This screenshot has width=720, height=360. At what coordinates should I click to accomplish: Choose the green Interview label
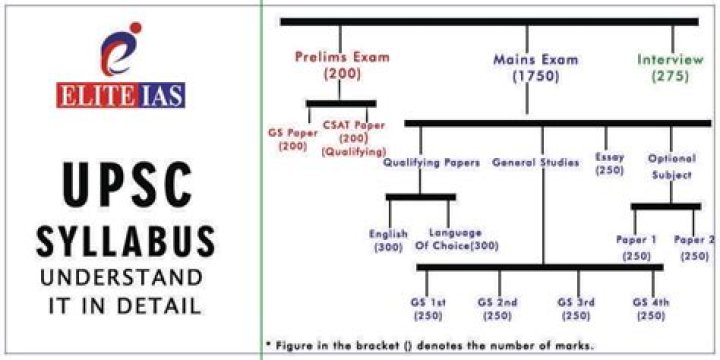(665, 66)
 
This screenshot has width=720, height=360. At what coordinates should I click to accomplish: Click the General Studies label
(534, 161)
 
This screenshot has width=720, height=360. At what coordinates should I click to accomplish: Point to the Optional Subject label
(671, 166)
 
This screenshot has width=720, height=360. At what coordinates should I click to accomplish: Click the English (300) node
(388, 240)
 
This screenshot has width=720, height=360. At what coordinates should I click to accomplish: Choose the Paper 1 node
(636, 247)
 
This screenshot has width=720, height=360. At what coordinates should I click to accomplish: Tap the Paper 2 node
(694, 247)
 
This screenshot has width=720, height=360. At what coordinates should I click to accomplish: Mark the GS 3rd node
(575, 308)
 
